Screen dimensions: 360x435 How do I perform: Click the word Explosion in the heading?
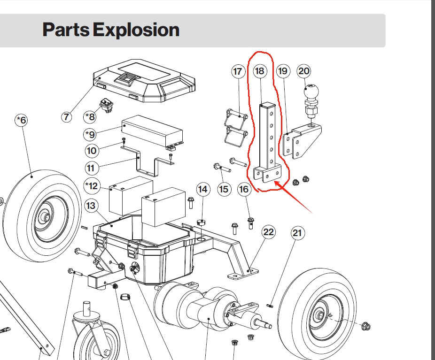click(x=136, y=30)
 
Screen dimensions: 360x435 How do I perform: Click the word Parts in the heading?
click(x=66, y=30)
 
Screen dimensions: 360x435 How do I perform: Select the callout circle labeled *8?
click(x=90, y=116)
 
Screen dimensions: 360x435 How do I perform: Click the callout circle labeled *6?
click(x=21, y=121)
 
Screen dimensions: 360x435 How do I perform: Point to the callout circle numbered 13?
click(x=91, y=206)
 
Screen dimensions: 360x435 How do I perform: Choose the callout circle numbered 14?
click(x=202, y=189)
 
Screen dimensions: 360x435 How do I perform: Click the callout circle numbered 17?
click(x=238, y=71)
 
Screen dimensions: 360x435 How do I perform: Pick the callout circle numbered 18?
click(x=259, y=71)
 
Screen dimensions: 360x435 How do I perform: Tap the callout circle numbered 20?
click(x=304, y=71)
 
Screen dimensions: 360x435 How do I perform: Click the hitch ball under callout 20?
click(x=311, y=90)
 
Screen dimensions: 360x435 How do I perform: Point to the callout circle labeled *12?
click(x=92, y=186)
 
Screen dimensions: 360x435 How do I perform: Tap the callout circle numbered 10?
click(x=92, y=151)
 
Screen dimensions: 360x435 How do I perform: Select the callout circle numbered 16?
click(x=244, y=189)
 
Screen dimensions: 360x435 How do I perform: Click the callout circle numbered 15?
click(x=224, y=189)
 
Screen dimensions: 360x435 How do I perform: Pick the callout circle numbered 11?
click(x=92, y=168)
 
